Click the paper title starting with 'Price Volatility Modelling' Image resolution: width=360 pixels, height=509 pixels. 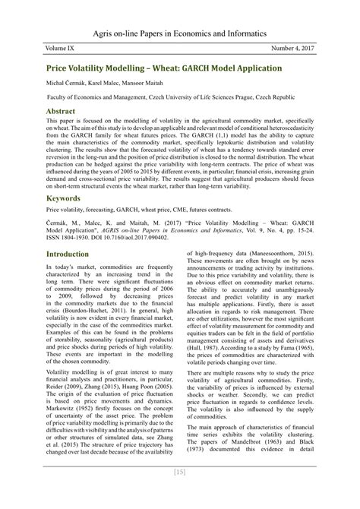tap(164, 68)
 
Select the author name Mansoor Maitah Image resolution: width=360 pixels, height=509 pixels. tap(156, 83)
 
